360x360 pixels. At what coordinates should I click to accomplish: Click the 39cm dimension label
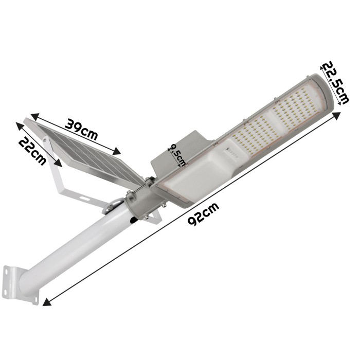pos(81,129)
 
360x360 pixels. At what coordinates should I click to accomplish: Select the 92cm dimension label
pos(203,214)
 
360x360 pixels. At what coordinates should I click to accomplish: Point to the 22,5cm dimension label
pos(336,82)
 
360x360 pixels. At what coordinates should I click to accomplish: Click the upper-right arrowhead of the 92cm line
pos(336,116)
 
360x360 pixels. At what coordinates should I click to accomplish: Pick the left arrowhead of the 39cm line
pos(35,116)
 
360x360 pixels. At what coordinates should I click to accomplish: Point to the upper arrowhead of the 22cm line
pos(20,126)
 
